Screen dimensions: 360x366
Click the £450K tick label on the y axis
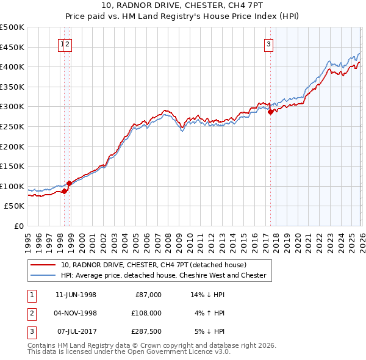[x=12, y=47]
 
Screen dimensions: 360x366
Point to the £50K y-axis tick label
[x=15, y=206]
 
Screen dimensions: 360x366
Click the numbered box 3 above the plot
[x=268, y=43]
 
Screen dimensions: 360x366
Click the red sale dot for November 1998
[x=69, y=183]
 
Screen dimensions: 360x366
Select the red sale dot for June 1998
[x=65, y=192]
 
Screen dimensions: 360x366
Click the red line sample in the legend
[x=43, y=265]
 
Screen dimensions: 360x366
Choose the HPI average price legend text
[x=163, y=276]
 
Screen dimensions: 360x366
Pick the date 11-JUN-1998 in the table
[x=76, y=295]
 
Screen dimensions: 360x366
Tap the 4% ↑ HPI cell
[x=208, y=313]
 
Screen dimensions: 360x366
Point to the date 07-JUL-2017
[x=76, y=331]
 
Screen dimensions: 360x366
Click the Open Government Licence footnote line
[x=129, y=352]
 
